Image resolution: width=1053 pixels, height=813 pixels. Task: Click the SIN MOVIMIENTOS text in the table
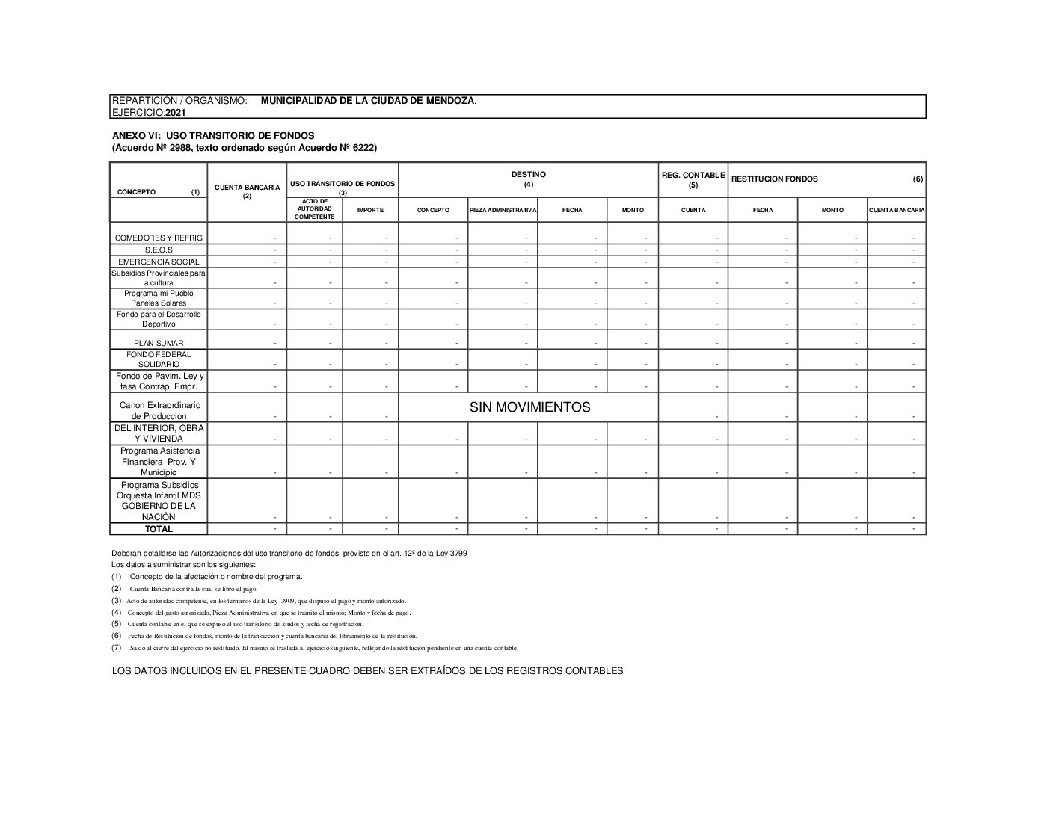(x=529, y=407)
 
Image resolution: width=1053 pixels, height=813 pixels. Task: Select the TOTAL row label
(x=159, y=529)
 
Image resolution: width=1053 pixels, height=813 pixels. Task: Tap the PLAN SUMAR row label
(x=159, y=344)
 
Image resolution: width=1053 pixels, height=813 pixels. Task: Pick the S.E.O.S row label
(x=159, y=250)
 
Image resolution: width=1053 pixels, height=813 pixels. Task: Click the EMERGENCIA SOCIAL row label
(x=159, y=262)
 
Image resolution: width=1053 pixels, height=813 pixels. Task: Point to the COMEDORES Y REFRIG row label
(x=159, y=238)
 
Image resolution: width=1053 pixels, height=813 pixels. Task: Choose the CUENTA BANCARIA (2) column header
(x=247, y=191)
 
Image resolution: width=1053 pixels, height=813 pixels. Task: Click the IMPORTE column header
(x=370, y=210)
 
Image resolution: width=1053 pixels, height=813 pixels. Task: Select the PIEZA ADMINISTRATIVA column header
(x=503, y=210)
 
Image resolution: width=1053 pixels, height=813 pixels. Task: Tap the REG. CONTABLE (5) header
(x=693, y=179)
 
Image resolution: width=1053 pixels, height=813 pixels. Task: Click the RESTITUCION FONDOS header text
(x=775, y=179)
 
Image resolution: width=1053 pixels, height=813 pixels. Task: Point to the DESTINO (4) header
(x=528, y=179)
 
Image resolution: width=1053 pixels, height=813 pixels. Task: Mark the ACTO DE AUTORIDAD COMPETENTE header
(x=314, y=209)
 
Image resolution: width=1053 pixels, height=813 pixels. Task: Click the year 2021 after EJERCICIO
(x=176, y=113)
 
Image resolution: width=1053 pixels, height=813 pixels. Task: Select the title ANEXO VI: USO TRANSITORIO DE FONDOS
(x=213, y=135)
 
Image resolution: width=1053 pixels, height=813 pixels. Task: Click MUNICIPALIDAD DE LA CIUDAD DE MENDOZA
(x=367, y=100)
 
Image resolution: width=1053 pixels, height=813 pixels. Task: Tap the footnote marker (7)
(x=116, y=648)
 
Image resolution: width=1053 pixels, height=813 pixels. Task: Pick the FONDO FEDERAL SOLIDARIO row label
(x=159, y=359)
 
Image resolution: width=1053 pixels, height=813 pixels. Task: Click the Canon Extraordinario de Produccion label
(x=159, y=410)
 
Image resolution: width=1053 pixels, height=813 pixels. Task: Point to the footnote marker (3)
(x=116, y=600)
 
